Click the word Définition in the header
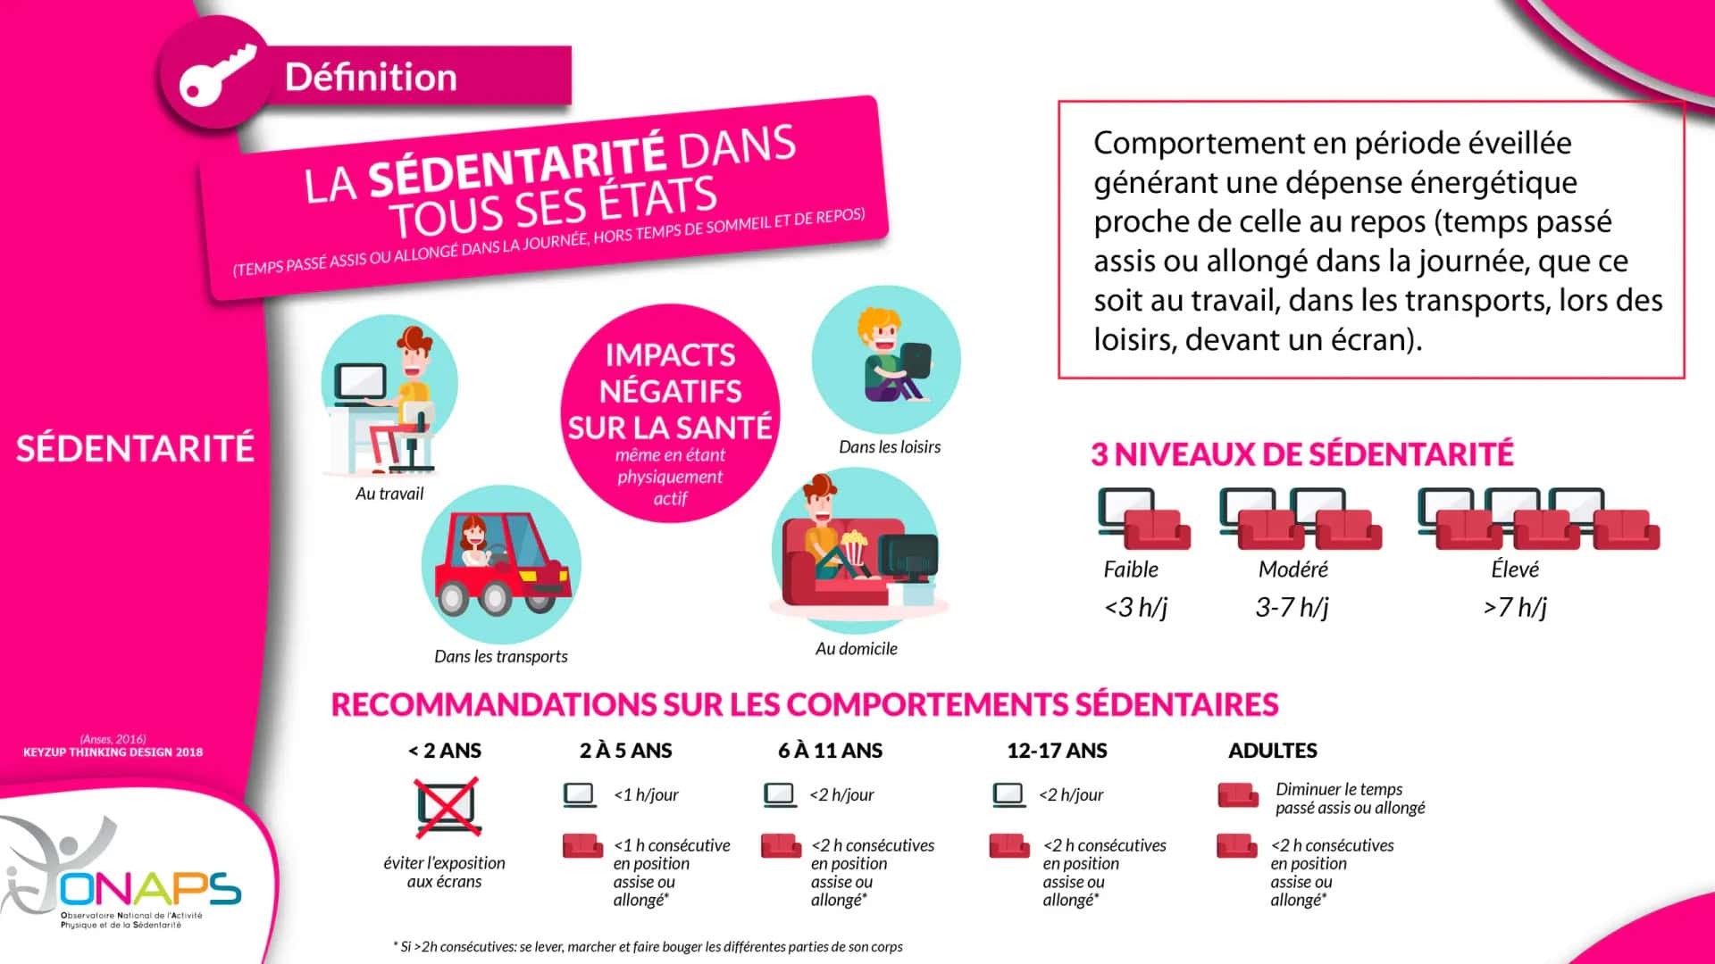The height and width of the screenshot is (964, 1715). (371, 78)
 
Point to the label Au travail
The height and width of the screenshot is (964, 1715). (389, 494)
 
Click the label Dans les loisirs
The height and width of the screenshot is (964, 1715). (890, 447)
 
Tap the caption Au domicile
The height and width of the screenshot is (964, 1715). (856, 649)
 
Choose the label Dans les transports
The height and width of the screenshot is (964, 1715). (500, 657)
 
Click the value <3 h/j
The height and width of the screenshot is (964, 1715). (1135, 608)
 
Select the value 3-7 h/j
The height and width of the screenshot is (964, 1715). (1292, 608)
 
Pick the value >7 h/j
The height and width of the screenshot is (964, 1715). (1515, 608)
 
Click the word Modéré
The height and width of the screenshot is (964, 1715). (1293, 569)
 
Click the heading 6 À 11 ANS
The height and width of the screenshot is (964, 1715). (830, 751)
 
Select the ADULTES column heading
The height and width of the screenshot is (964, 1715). (1272, 751)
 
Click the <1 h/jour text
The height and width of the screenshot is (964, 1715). (646, 795)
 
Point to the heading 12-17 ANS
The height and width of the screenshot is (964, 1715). (1057, 751)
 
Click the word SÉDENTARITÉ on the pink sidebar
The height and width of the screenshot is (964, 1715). (135, 448)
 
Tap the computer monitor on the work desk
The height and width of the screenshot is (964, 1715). (360, 382)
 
